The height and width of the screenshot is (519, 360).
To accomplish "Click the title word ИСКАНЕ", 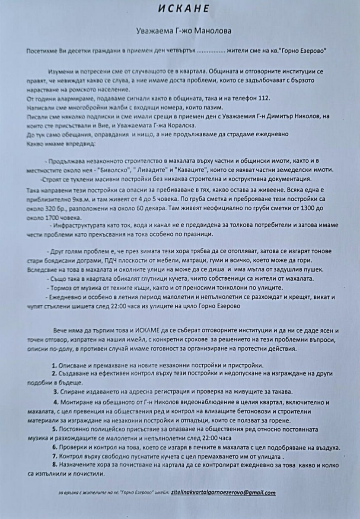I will pyautogui.click(x=180, y=9).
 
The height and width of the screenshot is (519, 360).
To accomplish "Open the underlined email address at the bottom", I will pyautogui.click(x=223, y=492).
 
